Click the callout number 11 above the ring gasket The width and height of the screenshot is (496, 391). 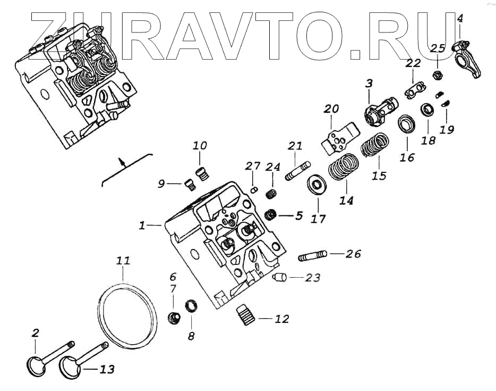123,261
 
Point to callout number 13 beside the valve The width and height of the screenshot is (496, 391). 107,369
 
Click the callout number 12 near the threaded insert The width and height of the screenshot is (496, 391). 282,319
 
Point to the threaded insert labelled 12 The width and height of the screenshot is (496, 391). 245,313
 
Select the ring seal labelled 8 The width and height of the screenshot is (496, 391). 191,306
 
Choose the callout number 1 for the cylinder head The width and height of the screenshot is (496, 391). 142,226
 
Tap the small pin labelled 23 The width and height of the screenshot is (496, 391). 280,277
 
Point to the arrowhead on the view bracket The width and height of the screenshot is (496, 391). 122,160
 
